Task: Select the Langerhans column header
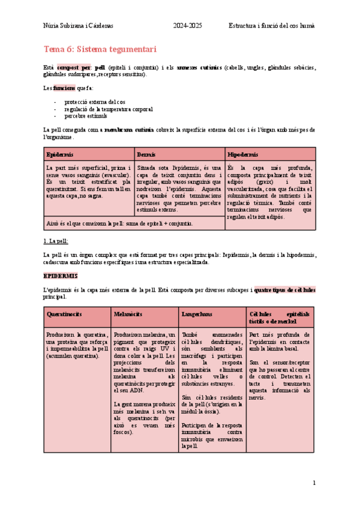point(196,315)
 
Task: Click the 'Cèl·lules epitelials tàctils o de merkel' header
point(280,318)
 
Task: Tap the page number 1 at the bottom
point(314,483)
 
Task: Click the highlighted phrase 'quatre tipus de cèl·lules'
point(285,290)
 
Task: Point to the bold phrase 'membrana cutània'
point(128,130)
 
